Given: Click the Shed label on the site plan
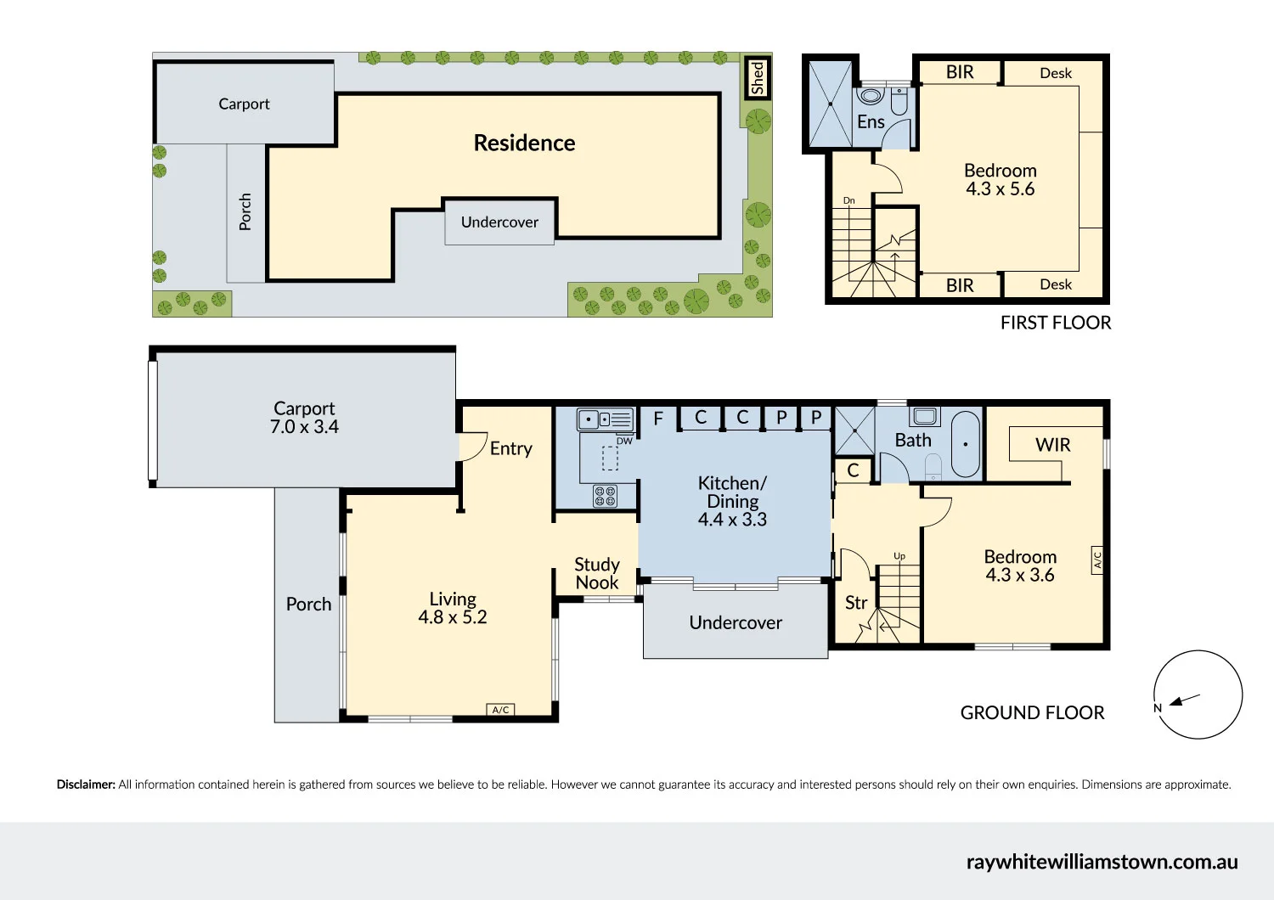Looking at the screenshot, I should [x=758, y=78].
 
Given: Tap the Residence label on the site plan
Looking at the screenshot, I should [x=524, y=143].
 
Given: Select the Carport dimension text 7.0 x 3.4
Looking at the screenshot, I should [x=304, y=427].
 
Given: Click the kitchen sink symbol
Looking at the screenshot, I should [x=606, y=419].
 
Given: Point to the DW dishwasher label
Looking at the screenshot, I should [x=624, y=441].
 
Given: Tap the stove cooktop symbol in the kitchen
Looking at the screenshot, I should [x=605, y=496].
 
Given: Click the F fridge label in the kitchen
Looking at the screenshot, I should [x=658, y=418].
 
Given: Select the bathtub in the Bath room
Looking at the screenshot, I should [x=966, y=444].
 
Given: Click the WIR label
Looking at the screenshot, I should [x=1052, y=445].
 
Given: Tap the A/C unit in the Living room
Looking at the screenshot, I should [x=501, y=710].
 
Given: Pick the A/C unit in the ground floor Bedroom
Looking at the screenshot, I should [x=1096, y=560].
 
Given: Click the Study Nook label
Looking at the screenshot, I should [x=596, y=574].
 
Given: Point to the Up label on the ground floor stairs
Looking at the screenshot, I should [x=899, y=556].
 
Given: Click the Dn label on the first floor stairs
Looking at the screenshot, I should [x=848, y=200].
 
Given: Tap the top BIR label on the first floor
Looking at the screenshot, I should [x=960, y=72].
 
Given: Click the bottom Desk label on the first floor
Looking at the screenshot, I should [x=1056, y=284].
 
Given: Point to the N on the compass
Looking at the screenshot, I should [x=1158, y=708].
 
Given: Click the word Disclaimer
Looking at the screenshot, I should [x=86, y=785].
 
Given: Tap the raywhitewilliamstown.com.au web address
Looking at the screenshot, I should [x=1102, y=862].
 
